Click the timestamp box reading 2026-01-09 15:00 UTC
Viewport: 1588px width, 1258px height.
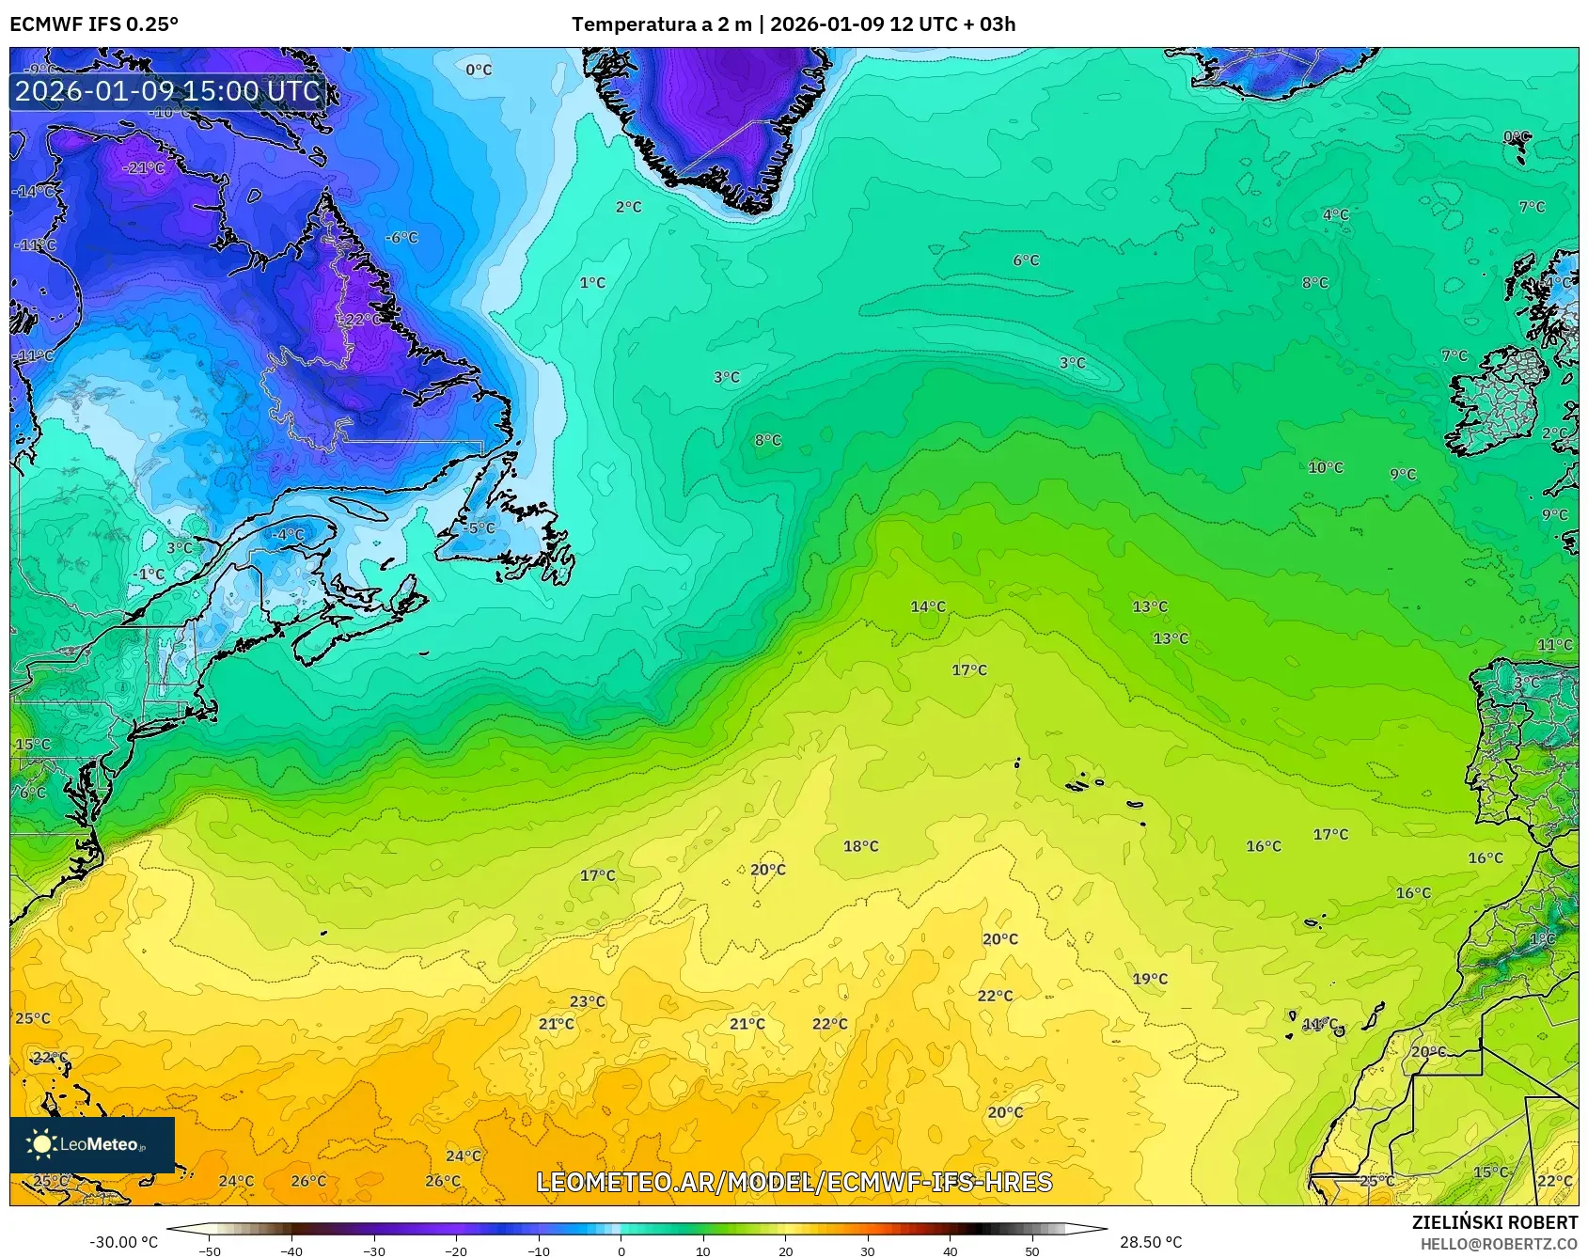coord(167,91)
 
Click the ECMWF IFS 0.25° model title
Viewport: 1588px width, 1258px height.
coord(94,24)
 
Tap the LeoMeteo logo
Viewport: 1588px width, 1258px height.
coord(92,1144)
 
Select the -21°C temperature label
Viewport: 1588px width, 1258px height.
coord(144,168)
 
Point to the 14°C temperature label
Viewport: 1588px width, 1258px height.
coord(928,606)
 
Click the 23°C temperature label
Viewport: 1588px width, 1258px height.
coord(588,1001)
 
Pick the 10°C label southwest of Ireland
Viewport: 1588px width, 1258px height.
coord(1326,467)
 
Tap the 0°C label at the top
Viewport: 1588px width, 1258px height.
coord(479,70)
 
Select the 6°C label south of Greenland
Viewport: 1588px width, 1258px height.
coord(1026,260)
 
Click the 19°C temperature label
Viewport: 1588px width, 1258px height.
coord(1150,979)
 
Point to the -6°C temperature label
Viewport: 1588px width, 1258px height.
coord(401,238)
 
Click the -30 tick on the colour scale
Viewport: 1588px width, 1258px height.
coord(374,1250)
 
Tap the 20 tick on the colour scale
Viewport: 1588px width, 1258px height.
coord(785,1250)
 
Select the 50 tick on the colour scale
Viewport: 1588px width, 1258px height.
coord(1032,1250)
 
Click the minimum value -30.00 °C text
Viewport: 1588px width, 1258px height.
coord(123,1242)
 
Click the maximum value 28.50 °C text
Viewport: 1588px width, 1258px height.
coord(1151,1242)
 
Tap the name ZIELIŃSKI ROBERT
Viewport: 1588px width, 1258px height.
coord(1495,1222)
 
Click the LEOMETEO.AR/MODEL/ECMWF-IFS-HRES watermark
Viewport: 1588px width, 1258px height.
coord(794,1182)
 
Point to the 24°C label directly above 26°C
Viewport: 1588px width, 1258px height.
coord(463,1156)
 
